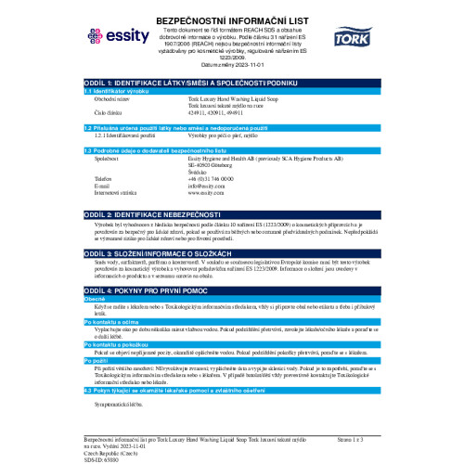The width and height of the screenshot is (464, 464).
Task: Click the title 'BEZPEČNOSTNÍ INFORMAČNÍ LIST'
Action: (x=233, y=8)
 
